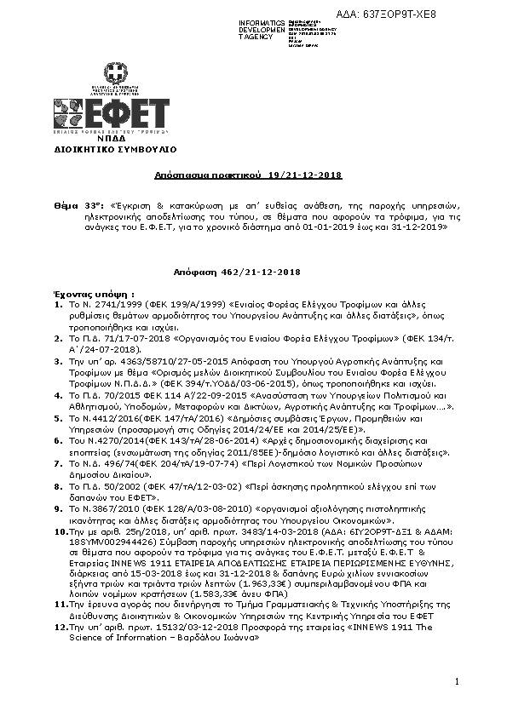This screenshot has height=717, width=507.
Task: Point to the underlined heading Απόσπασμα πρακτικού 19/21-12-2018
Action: click(248, 175)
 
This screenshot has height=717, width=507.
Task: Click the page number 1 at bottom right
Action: click(457, 681)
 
